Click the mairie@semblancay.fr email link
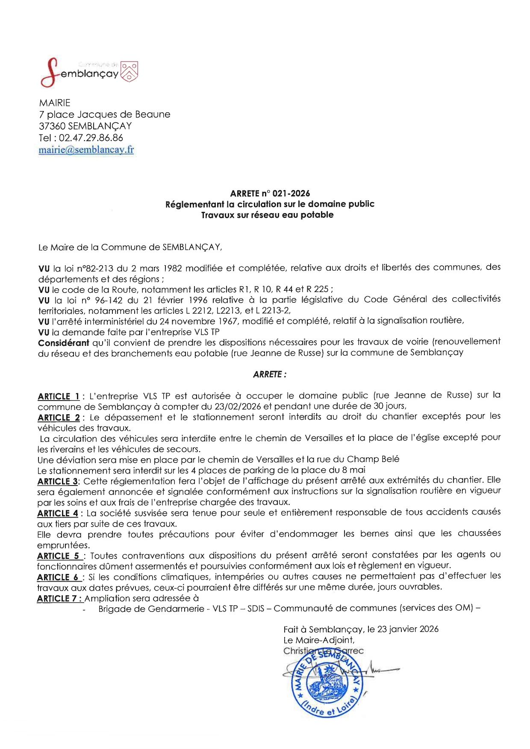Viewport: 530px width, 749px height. [86, 150]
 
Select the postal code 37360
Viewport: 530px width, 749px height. [52, 126]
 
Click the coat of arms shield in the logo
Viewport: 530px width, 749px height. [130, 71]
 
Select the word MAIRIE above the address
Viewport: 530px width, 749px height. [54, 103]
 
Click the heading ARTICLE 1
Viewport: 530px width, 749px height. [59, 396]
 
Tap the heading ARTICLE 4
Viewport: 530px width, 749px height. [58, 513]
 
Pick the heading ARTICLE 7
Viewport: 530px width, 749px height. [59, 599]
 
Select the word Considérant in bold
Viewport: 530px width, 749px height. [63, 343]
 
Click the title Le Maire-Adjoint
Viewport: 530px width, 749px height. [318, 640]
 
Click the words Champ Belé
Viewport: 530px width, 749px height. [373, 459]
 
